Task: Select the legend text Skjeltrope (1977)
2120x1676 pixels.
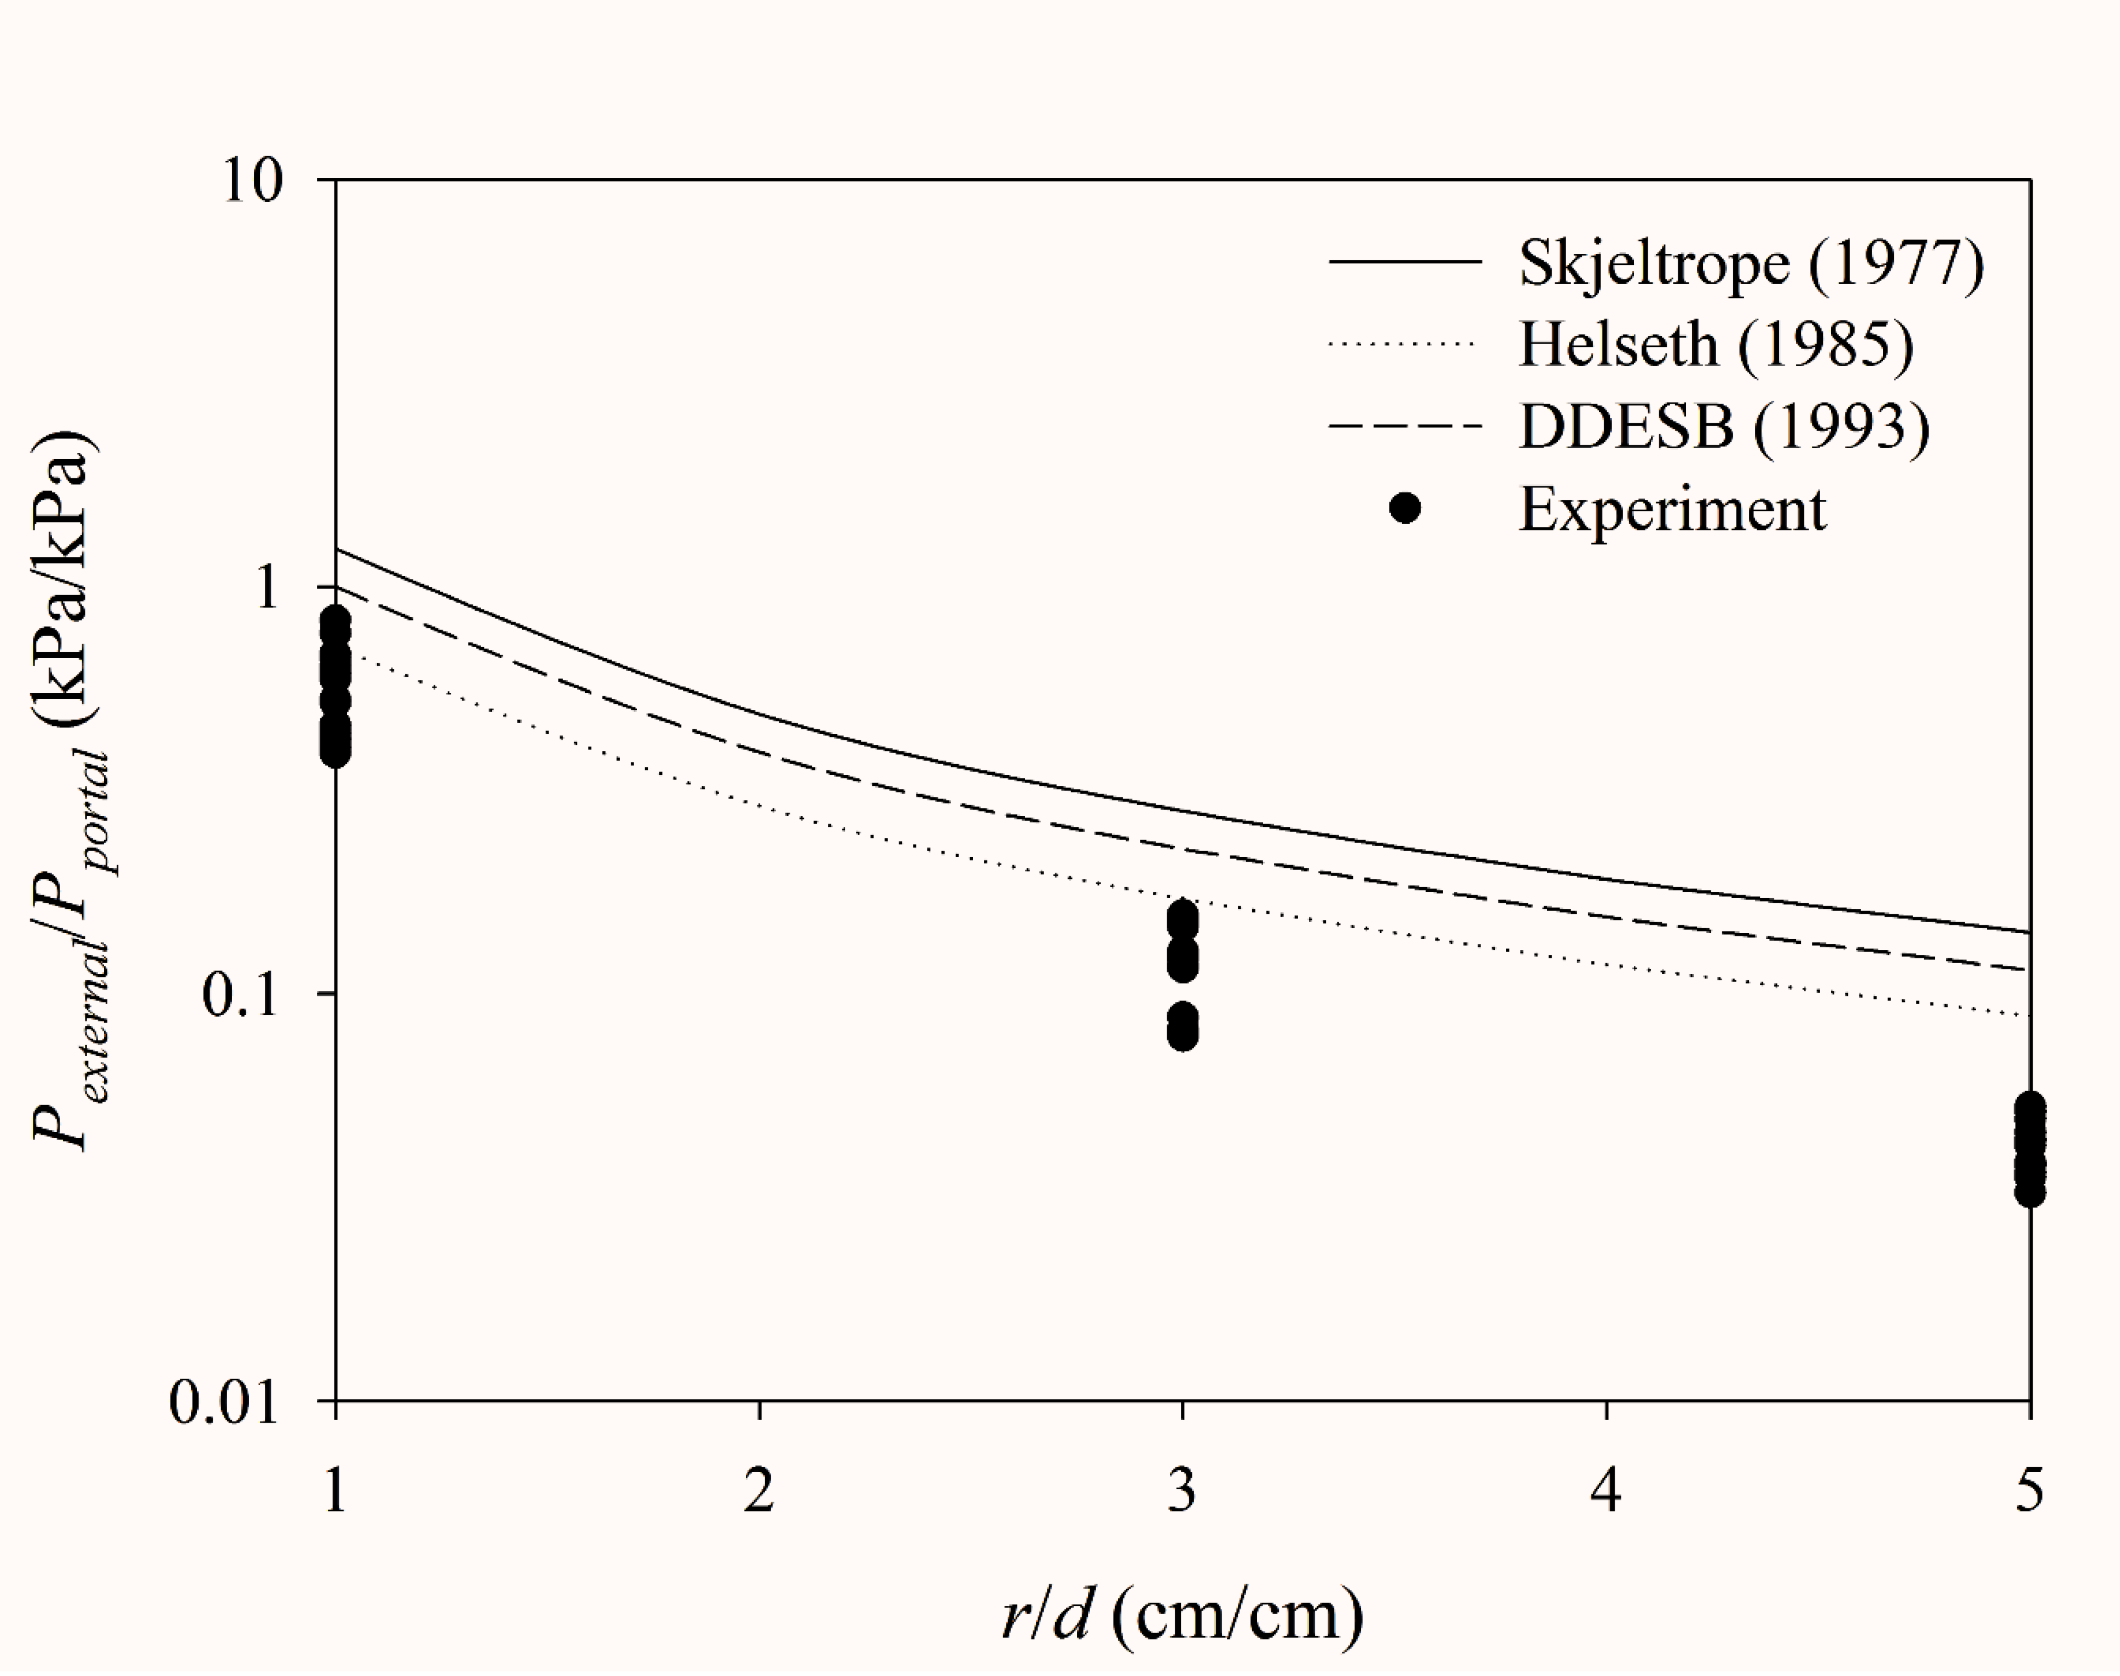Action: pyautogui.click(x=1751, y=263)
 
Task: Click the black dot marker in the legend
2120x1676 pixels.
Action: pyautogui.click(x=1405, y=508)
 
